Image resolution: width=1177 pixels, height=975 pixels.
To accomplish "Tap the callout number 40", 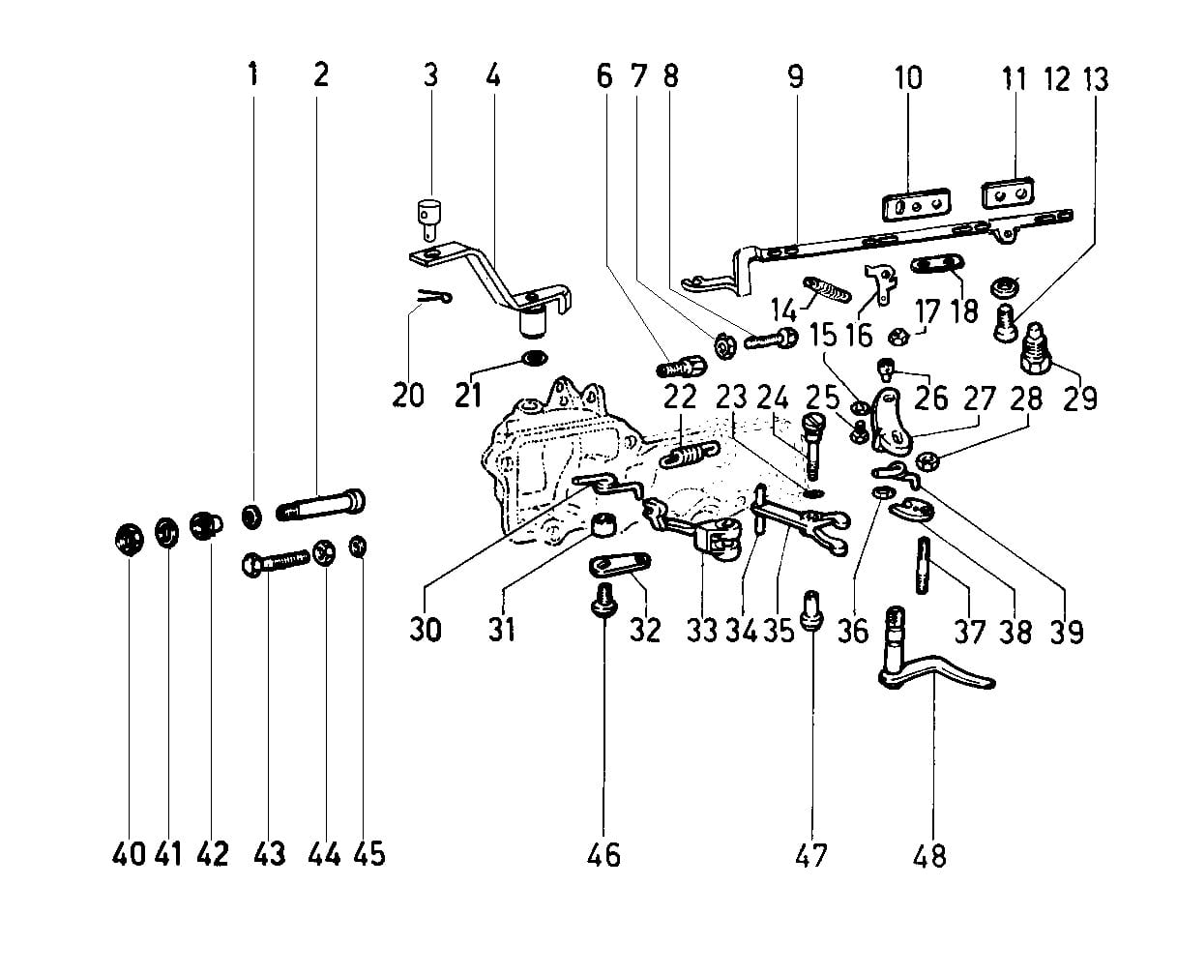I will tap(129, 854).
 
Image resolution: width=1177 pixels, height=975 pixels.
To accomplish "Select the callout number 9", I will tap(795, 76).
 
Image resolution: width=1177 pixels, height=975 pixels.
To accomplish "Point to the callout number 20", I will tap(408, 395).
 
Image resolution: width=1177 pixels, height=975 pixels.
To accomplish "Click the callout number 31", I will tap(501, 629).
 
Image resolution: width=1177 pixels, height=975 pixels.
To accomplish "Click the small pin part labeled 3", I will tap(427, 216).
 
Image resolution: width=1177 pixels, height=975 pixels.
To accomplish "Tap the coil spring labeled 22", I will tap(689, 451).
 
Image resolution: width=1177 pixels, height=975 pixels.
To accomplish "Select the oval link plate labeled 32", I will tap(619, 563).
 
